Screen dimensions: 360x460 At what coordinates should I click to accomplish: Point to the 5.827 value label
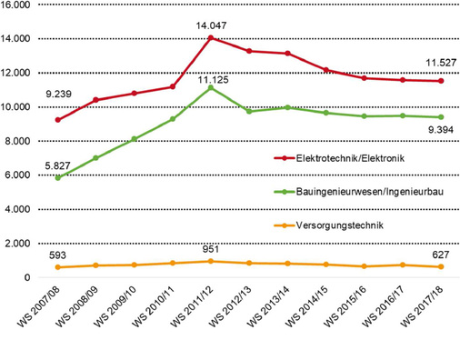[57, 165]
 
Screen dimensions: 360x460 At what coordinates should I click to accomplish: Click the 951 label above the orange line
[209, 249]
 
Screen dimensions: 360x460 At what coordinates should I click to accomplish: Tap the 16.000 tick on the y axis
[17, 6]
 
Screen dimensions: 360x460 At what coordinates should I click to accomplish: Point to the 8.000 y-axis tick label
[20, 142]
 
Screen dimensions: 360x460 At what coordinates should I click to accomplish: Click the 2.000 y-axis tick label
[20, 244]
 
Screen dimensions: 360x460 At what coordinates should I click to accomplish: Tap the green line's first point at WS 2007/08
[59, 177]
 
